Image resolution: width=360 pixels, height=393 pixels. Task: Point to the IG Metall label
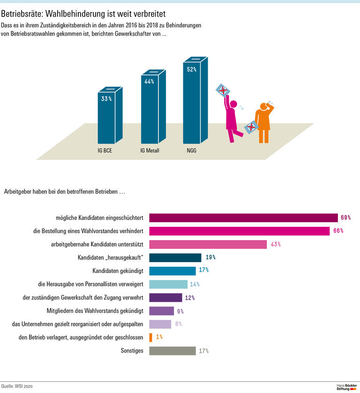point(150,151)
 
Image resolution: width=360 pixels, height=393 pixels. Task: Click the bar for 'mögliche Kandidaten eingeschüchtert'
point(243,218)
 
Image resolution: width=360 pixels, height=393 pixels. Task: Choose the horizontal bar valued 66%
point(240,231)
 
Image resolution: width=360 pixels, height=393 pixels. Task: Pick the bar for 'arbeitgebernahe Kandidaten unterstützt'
point(208,244)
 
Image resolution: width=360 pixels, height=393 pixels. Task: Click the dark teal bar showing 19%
point(175,257)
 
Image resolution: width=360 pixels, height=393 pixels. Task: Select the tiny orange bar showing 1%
point(150,337)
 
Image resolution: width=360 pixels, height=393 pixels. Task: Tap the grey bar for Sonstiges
point(172,351)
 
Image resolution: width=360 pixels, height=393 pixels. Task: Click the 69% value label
point(346,218)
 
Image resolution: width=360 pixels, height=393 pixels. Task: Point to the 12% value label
point(190,297)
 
